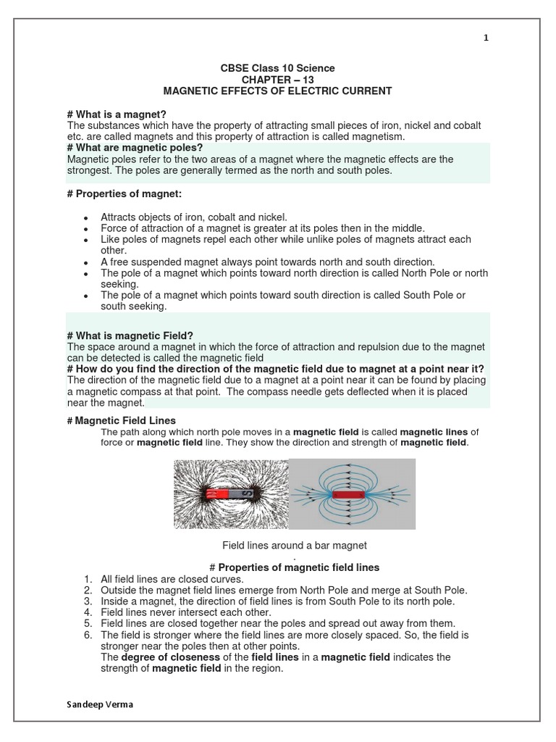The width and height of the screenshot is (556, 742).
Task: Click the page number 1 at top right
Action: tap(486, 38)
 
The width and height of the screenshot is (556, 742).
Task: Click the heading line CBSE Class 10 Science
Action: tap(277, 68)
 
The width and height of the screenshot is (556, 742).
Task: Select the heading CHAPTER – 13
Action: tap(278, 80)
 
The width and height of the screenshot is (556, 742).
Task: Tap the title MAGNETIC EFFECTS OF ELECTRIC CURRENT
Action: tap(278, 91)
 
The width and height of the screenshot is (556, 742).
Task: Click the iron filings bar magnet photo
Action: tap(229, 494)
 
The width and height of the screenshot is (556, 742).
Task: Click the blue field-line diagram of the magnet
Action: tap(352, 494)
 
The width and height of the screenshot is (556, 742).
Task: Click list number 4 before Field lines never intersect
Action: tap(88, 612)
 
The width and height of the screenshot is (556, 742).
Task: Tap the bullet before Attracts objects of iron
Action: tap(85, 217)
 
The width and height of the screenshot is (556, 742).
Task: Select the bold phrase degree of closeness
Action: tap(164, 657)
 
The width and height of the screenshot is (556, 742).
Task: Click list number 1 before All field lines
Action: tap(88, 579)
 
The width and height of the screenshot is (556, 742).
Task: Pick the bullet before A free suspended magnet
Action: tap(85, 262)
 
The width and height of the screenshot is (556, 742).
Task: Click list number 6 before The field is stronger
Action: tap(88, 635)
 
